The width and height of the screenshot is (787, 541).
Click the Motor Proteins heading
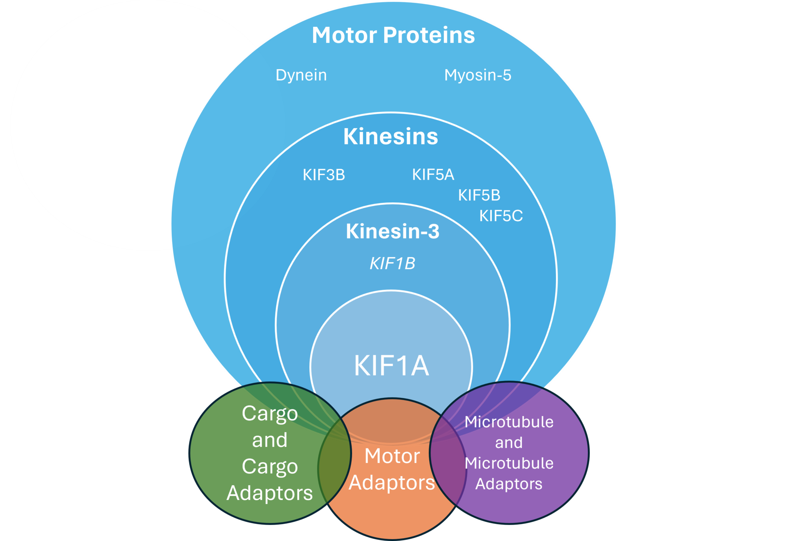click(x=393, y=35)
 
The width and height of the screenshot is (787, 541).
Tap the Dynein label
click(x=301, y=75)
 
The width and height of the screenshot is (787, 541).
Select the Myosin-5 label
click(x=478, y=75)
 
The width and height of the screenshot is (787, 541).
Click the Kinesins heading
click(x=390, y=136)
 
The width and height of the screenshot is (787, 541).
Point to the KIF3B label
click(x=324, y=175)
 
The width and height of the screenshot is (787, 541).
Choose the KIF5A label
click(x=433, y=175)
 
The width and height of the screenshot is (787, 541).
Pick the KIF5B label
click(x=479, y=195)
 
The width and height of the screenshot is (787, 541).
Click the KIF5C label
click(x=501, y=216)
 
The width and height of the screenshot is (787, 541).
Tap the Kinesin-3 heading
click(x=392, y=231)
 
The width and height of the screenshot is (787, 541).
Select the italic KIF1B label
click(x=392, y=264)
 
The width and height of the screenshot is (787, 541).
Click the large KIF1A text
click(x=391, y=366)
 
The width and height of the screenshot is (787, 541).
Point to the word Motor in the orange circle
click(x=392, y=456)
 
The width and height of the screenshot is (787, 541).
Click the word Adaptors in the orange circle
click(x=392, y=483)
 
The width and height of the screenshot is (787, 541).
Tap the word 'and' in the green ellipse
click(x=270, y=440)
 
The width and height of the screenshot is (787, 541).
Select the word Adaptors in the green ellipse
click(x=270, y=493)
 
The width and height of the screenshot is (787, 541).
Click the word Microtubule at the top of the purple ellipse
click(x=509, y=422)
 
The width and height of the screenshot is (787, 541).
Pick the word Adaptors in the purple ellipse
click(x=509, y=484)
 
